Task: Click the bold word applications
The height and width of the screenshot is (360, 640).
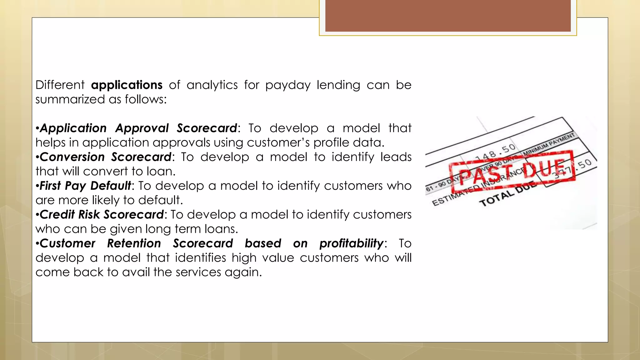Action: coord(127,85)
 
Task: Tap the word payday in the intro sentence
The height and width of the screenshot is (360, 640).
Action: coord(288,85)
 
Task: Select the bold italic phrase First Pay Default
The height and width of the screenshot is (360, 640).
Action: coord(85,186)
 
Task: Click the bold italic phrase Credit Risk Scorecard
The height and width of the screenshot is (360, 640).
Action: coord(102,214)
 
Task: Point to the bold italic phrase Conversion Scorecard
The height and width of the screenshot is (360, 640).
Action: coord(106,157)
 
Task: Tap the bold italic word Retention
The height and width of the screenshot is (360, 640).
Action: coord(134,243)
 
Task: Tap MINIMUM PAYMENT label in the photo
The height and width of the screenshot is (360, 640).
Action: coord(549,144)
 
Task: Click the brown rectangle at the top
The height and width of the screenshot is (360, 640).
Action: coord(448,16)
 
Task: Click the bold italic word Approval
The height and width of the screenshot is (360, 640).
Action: coord(142,128)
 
